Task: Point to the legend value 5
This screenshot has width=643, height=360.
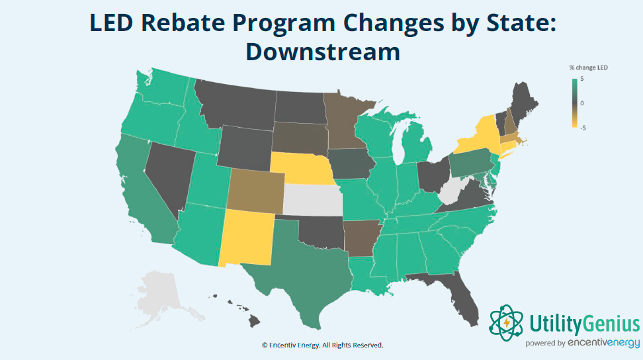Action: tap(581, 79)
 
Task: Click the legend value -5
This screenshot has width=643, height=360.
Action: tap(582, 128)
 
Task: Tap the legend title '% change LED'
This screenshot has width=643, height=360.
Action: tap(588, 67)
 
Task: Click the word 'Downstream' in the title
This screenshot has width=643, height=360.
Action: tap(323, 51)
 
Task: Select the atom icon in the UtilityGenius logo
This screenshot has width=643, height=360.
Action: tap(506, 322)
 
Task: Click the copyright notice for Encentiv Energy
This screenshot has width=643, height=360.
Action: tap(322, 345)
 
